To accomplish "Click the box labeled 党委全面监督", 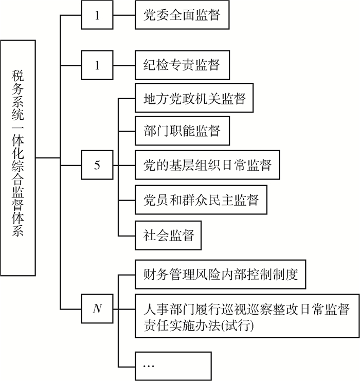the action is pos(182,15).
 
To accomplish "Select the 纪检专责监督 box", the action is pos(182,65).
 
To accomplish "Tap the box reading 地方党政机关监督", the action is pos(194,98).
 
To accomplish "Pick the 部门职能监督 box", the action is pos(182,131).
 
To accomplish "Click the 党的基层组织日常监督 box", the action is pos(207,165).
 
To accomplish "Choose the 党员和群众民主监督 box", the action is pos(201,199).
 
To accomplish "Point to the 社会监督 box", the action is pos(168,235).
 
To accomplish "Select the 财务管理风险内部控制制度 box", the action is pos(220,275).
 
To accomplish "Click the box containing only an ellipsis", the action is pos(173,366).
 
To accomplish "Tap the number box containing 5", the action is pos(97,165).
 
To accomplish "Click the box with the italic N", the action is pos(97,309).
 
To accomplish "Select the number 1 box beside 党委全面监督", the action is pos(97,15).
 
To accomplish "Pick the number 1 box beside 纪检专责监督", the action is pos(97,65).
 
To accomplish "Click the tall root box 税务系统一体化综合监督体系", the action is pos(18,158).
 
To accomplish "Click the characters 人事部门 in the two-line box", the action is pos(169,310).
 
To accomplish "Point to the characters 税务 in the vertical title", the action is pos(18,82).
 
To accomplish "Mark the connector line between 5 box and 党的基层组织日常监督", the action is pos(124,165).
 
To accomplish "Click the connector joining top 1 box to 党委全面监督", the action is pos(124,15).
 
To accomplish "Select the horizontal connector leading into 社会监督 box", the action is pos(127,235).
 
